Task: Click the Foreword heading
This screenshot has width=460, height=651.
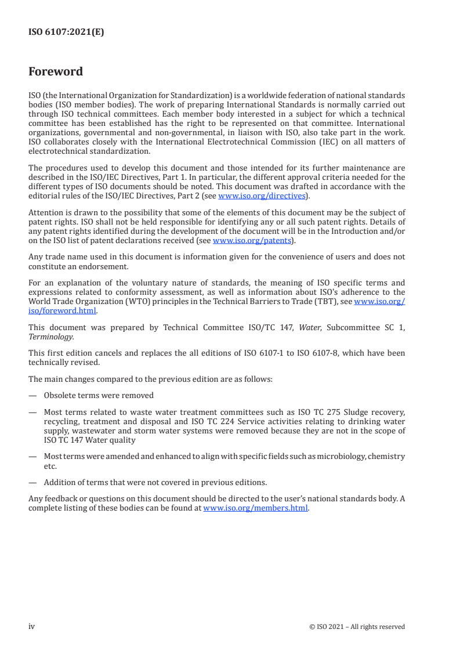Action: (x=56, y=72)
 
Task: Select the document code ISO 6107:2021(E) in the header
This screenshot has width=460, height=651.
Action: (x=66, y=32)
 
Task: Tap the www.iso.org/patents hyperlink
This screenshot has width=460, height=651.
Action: (x=252, y=240)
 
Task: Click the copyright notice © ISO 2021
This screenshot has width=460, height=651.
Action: (x=332, y=627)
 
